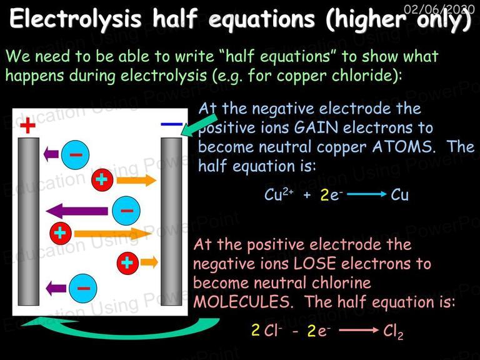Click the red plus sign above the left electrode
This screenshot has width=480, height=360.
coord(28,125)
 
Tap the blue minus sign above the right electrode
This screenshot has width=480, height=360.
coord(171,124)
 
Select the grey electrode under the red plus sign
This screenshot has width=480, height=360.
coord(29,221)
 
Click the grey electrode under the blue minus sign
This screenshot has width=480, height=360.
coord(171,221)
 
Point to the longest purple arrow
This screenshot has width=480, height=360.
coord(77,211)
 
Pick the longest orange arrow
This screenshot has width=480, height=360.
coord(113,234)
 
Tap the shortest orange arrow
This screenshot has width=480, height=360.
coord(149,262)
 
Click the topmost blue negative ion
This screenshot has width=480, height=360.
coord(75,154)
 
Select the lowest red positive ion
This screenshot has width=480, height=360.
coord(127,262)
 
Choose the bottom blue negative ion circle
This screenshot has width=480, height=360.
coord(83,288)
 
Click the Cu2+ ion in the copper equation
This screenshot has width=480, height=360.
coord(279,194)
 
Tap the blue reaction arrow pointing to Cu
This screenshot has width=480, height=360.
coord(367,194)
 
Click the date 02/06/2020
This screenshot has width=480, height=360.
coord(439,9)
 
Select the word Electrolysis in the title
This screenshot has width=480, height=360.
coord(76,19)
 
